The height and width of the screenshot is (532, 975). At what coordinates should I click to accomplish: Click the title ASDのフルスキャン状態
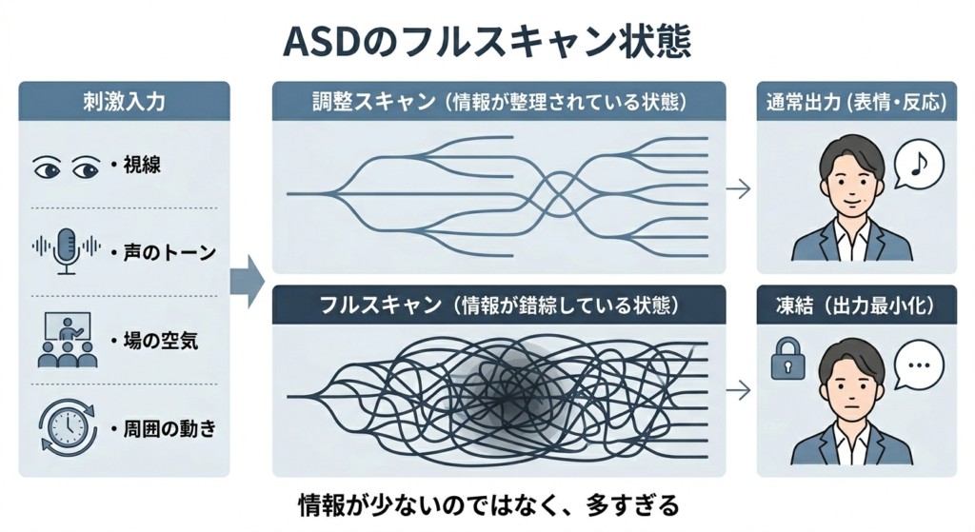tap(487, 42)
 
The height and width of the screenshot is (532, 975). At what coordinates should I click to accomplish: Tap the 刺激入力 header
tap(124, 101)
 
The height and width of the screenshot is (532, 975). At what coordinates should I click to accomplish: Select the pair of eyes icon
tap(67, 167)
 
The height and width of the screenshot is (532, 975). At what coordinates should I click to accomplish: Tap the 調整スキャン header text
tap(499, 101)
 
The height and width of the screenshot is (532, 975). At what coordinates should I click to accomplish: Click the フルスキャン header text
tap(499, 305)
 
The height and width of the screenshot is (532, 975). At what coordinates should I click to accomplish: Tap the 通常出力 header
tap(856, 101)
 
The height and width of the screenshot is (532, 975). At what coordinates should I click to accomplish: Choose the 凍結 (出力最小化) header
tap(856, 305)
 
